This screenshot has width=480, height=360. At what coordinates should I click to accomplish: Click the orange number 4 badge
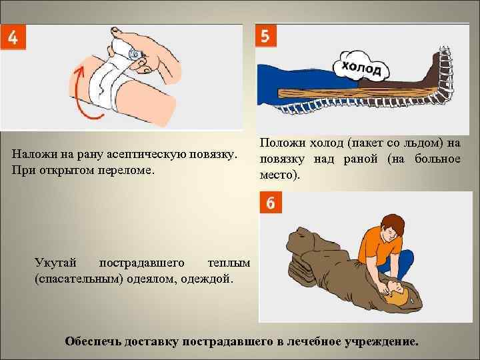(13, 37)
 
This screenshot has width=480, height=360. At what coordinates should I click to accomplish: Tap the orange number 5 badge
(266, 35)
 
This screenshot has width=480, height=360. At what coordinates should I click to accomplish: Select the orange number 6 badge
(271, 203)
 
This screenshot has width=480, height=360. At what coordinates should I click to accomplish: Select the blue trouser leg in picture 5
(303, 84)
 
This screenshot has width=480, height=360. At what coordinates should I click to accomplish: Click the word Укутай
(55, 263)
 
